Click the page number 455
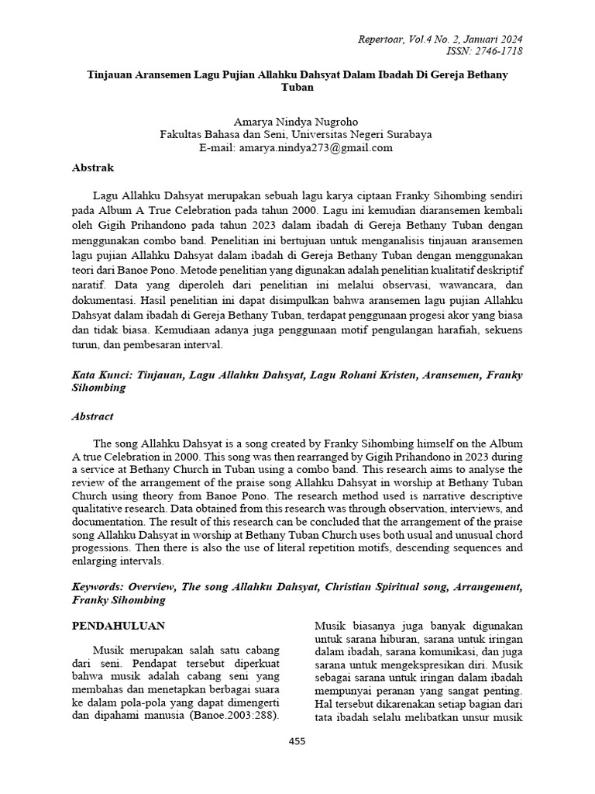point(297,741)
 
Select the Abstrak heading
point(93,167)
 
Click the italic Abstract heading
point(92,416)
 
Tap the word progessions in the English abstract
point(103,547)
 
